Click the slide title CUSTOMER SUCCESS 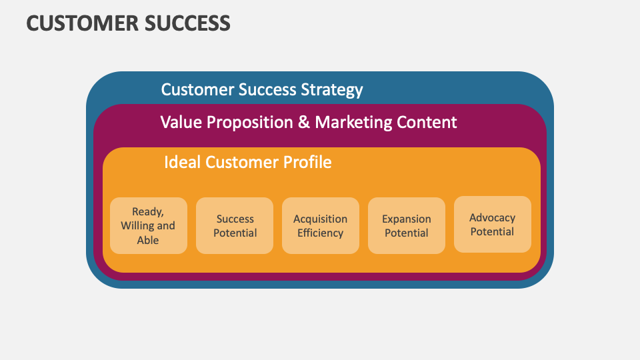pyautogui.click(x=128, y=23)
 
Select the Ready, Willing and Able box pyautogui.click(x=148, y=225)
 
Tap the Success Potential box pyautogui.click(x=235, y=225)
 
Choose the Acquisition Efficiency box pyautogui.click(x=320, y=225)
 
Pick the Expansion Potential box pyautogui.click(x=406, y=225)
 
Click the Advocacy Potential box pyautogui.click(x=492, y=225)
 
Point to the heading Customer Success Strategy pyautogui.click(x=262, y=89)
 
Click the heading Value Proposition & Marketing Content pyautogui.click(x=309, y=123)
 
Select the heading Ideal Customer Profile pyautogui.click(x=247, y=162)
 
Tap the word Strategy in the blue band pyautogui.click(x=331, y=90)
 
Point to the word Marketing pyautogui.click(x=353, y=123)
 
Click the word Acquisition pyautogui.click(x=320, y=219)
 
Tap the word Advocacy pyautogui.click(x=492, y=218)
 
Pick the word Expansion pyautogui.click(x=406, y=219)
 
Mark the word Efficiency pyautogui.click(x=320, y=233)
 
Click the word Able pyautogui.click(x=148, y=240)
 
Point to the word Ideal pyautogui.click(x=182, y=162)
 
